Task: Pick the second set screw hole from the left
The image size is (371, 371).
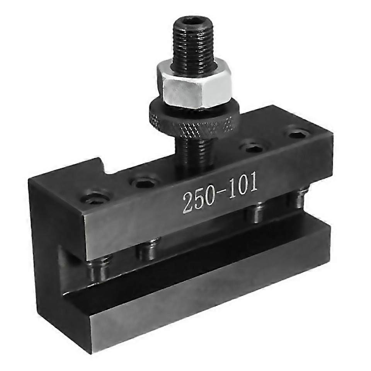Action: pos(145,182)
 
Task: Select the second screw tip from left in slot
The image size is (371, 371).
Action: pos(148,250)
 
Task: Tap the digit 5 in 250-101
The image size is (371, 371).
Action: pos(201,198)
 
